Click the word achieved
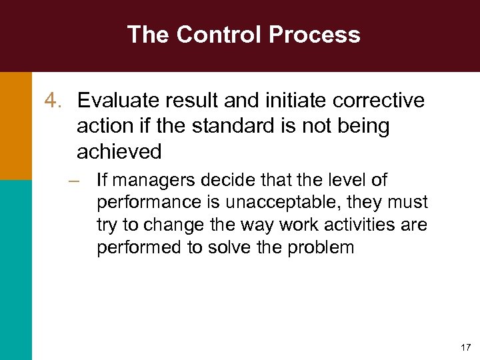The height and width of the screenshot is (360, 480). tap(119, 151)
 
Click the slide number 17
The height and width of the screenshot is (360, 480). tap(465, 347)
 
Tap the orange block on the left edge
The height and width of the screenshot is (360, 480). tap(15, 125)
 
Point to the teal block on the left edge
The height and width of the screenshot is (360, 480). tap(15, 269)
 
